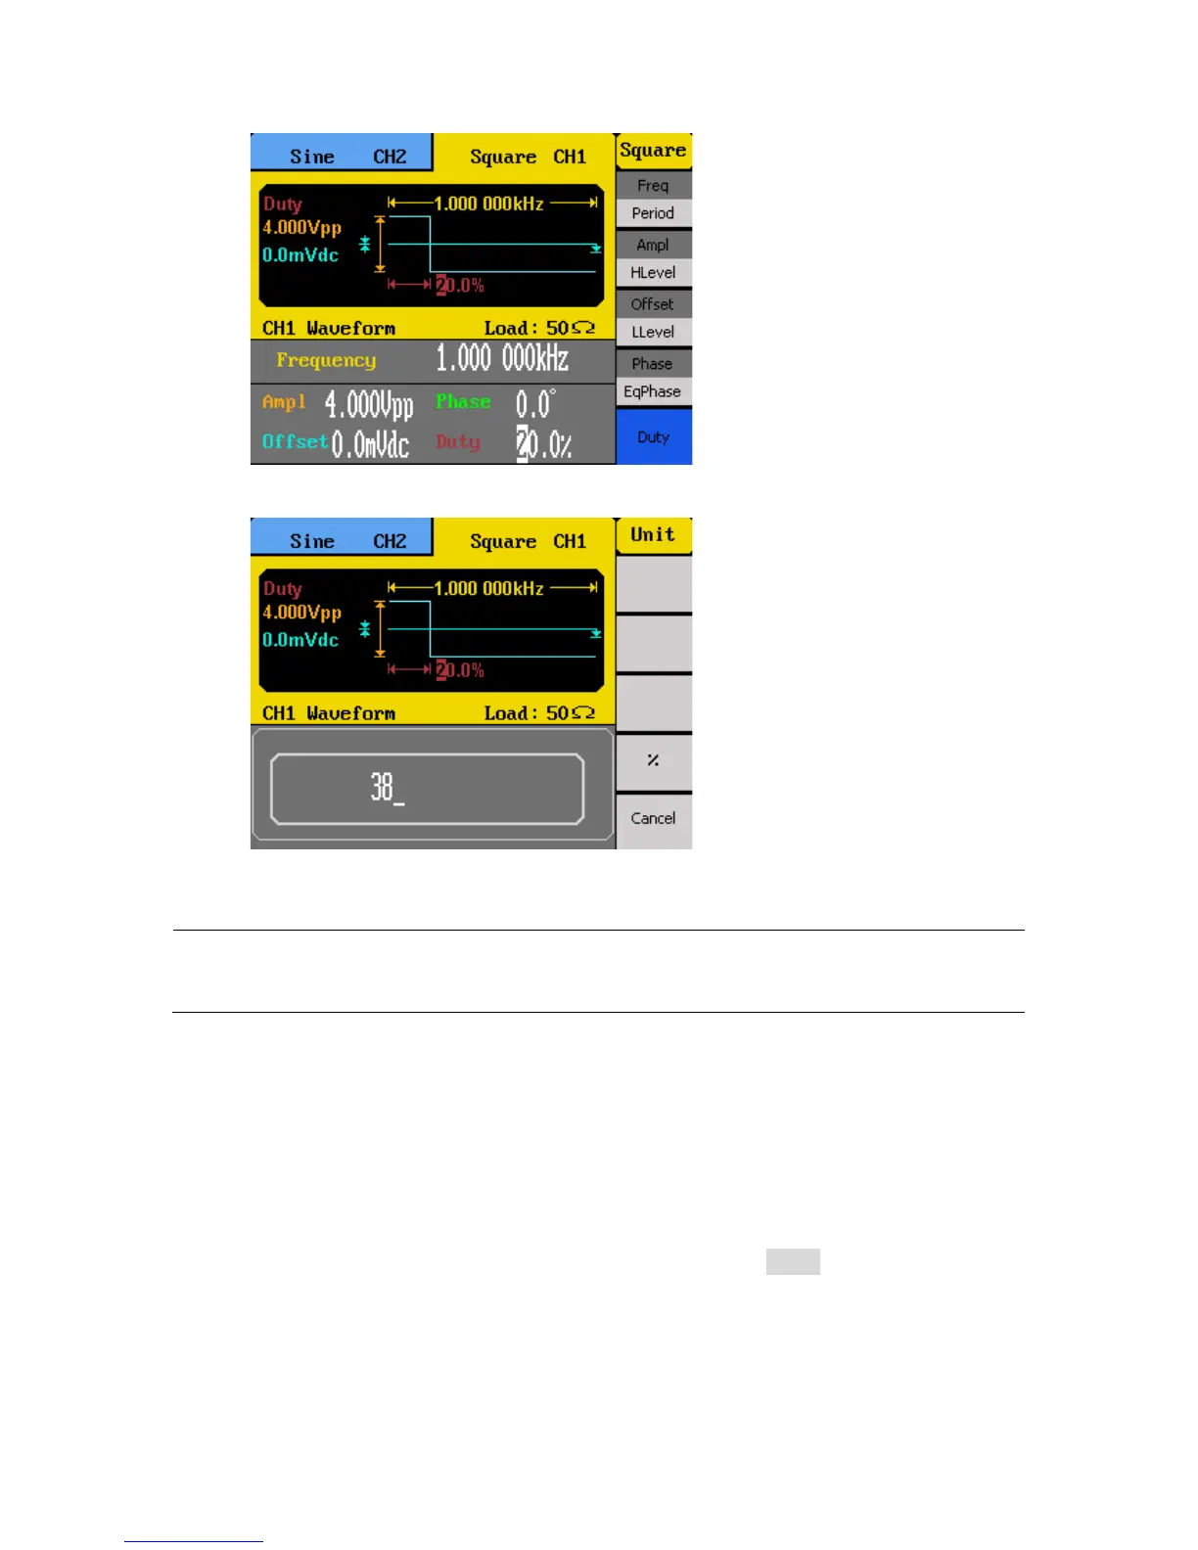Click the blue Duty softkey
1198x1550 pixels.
click(x=653, y=436)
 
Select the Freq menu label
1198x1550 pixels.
click(x=653, y=185)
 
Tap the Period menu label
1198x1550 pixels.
click(x=653, y=213)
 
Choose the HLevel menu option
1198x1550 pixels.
click(x=653, y=273)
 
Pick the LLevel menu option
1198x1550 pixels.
click(x=653, y=332)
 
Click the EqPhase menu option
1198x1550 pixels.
click(x=653, y=391)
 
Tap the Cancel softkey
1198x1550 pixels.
click(x=653, y=818)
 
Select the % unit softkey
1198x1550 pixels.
click(x=653, y=760)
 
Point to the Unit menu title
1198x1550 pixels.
click(x=653, y=534)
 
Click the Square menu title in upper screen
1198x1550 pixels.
click(x=653, y=151)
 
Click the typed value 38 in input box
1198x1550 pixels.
click(x=384, y=787)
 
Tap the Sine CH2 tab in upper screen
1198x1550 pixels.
click(x=342, y=156)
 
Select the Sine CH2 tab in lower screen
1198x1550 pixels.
click(x=342, y=540)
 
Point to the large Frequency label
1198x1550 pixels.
click(x=326, y=360)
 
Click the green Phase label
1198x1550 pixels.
click(x=463, y=401)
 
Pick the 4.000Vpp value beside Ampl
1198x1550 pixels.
click(x=369, y=403)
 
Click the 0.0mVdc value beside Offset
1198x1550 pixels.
click(x=369, y=444)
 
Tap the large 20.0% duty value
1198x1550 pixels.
click(x=544, y=444)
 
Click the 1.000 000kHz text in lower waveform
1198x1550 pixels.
click(x=488, y=588)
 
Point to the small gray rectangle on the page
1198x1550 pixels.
click(x=793, y=1261)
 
